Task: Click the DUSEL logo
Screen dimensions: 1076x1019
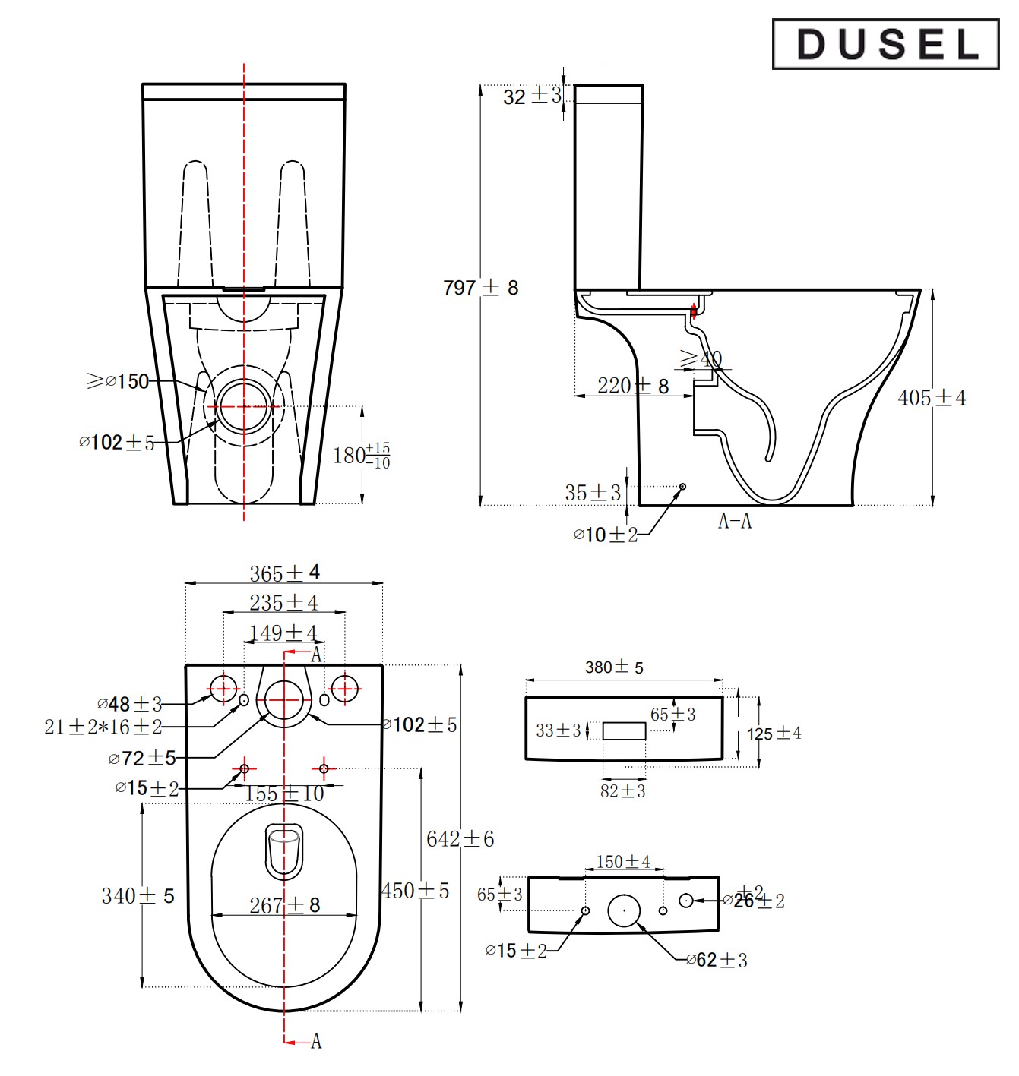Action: coord(885,44)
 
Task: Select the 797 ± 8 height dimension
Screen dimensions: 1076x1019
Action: coord(480,288)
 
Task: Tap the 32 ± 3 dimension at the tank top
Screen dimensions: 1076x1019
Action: coord(531,96)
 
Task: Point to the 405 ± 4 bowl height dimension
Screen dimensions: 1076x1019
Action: coord(932,398)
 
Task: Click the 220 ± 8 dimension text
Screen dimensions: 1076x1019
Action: coord(632,386)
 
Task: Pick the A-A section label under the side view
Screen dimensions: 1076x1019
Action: coord(734,522)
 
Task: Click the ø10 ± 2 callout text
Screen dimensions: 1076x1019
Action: coord(605,535)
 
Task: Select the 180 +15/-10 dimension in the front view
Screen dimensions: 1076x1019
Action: coord(361,456)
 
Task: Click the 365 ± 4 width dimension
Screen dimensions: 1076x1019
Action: coord(284,573)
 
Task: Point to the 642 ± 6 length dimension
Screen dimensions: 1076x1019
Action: coord(460,839)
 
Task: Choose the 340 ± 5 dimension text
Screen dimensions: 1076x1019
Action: coord(138,896)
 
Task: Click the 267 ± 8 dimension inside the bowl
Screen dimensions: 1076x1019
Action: coord(284,905)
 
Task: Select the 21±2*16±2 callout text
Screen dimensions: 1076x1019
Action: coord(103,727)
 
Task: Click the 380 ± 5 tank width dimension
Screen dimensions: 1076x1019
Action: coord(614,667)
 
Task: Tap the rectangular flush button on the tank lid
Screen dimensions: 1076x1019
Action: coord(624,731)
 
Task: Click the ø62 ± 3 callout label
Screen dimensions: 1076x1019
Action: coord(717,961)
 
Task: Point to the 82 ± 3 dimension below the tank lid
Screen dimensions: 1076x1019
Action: coord(622,791)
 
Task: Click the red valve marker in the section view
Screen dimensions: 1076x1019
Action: coord(693,310)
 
